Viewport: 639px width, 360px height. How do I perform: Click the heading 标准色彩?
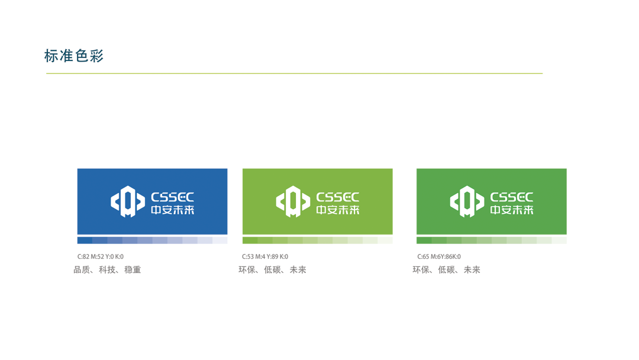(74, 56)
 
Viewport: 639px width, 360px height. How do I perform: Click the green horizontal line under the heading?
(294, 73)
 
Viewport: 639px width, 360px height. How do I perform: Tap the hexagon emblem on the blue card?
(128, 201)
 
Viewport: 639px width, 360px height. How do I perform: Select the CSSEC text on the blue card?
(172, 197)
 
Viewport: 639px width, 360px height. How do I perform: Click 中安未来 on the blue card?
(172, 210)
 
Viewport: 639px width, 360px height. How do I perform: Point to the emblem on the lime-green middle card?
(293, 201)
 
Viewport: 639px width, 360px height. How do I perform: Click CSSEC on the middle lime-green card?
(338, 197)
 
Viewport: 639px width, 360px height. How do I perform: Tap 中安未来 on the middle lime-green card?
(338, 210)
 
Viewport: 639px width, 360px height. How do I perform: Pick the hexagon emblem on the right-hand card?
(467, 201)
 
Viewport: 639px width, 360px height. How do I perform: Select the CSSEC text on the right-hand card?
(512, 197)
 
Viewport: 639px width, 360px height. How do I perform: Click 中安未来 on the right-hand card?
(512, 210)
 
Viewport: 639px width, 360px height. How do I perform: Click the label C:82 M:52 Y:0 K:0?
(100, 256)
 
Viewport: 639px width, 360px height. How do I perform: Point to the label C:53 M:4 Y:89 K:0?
(265, 256)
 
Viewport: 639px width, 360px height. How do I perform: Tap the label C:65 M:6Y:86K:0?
(439, 256)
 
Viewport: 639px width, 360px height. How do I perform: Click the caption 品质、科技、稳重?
(107, 269)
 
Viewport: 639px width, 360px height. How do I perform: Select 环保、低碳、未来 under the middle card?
(272, 269)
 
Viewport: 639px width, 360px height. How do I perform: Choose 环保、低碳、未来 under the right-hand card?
(446, 269)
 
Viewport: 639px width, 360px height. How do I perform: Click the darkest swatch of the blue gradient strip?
(85, 240)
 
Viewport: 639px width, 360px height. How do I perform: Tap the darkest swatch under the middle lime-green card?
(250, 240)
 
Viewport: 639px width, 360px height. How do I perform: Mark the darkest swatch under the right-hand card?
(424, 240)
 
